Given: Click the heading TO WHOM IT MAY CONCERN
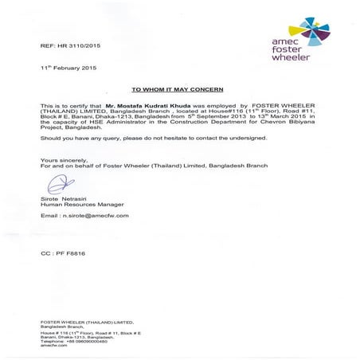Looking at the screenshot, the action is click(179, 90).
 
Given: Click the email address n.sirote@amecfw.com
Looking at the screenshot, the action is click(83, 215).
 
